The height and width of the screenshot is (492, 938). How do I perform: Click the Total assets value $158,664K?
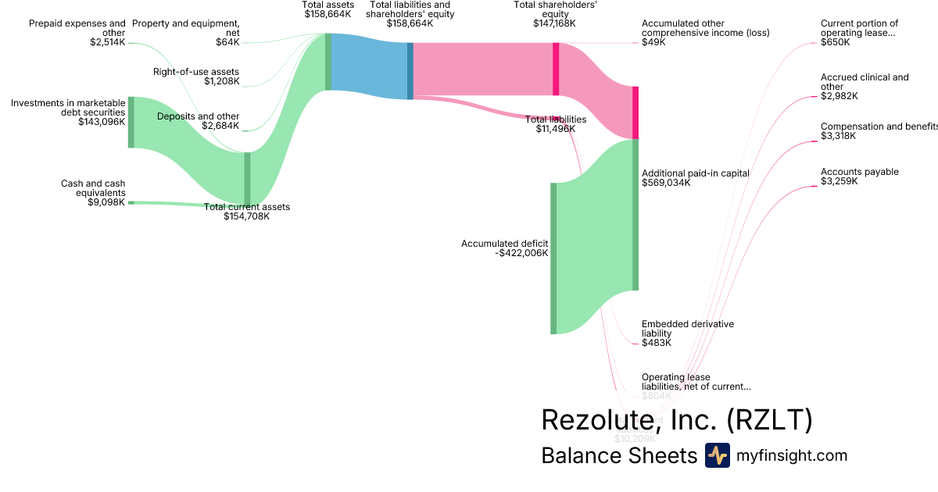click(x=328, y=14)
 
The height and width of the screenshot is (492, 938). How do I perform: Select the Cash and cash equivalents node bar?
click(x=131, y=202)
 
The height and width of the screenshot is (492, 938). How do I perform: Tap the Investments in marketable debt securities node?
click(x=131, y=122)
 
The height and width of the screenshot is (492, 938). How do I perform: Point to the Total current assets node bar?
click(x=247, y=178)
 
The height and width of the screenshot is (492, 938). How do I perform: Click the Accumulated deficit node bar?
click(x=553, y=258)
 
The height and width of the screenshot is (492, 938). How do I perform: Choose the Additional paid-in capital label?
click(x=695, y=173)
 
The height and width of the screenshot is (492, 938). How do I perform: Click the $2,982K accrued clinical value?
click(x=839, y=96)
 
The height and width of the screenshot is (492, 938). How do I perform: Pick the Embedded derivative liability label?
click(x=687, y=328)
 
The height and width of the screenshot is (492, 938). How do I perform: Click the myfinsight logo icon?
click(x=717, y=455)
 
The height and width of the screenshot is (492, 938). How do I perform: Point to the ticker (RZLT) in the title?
click(x=769, y=420)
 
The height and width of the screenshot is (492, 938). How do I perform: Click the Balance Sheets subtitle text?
click(x=618, y=456)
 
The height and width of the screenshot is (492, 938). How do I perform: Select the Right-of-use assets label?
click(x=196, y=72)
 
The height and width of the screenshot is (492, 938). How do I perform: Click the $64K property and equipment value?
click(x=227, y=41)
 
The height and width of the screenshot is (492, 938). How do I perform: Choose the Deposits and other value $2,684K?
click(x=220, y=126)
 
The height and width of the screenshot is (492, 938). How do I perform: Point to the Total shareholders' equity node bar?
click(x=556, y=69)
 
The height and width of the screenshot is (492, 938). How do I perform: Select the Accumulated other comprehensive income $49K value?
click(x=653, y=42)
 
